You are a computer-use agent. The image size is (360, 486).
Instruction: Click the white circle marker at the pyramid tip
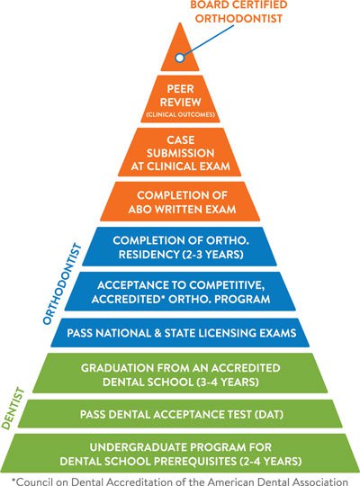coord(179,58)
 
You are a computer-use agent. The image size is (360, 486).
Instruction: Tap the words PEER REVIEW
coord(181,95)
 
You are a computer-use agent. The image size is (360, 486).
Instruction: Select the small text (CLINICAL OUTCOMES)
coord(181,114)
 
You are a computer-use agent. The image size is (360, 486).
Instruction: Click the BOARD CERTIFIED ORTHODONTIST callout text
coord(238,12)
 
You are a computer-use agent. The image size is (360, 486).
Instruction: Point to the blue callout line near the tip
coord(208,40)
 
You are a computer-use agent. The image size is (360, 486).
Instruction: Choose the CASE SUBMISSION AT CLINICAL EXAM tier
coord(179,152)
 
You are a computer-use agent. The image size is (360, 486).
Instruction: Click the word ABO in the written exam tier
coord(139,209)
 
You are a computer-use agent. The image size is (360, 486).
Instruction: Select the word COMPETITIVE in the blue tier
coord(227,285)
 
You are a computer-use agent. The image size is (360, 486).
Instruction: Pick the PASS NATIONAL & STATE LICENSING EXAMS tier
coord(180,333)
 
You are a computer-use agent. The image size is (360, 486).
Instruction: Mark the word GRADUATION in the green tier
coord(117,368)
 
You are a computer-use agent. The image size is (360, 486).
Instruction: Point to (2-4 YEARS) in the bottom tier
coord(271,461)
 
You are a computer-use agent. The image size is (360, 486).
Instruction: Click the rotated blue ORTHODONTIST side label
coord(62,283)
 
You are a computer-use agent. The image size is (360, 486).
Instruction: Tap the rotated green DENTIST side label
coord(13,409)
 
